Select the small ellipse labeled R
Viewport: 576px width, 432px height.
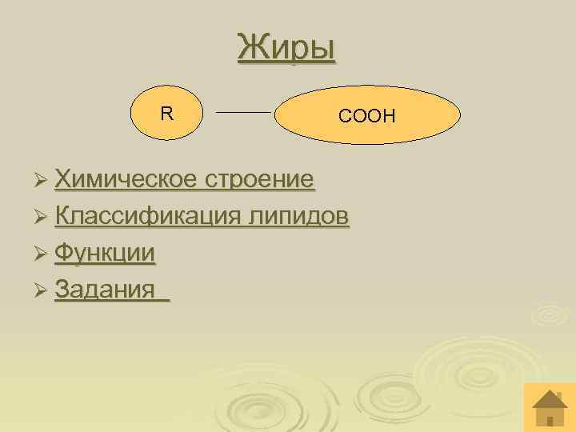click(166, 114)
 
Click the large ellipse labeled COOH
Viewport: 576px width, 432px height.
click(368, 116)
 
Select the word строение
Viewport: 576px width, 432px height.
click(259, 179)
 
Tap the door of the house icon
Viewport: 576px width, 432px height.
click(549, 419)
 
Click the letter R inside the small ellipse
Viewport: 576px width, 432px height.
click(166, 114)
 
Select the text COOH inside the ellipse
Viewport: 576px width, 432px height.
click(367, 117)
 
